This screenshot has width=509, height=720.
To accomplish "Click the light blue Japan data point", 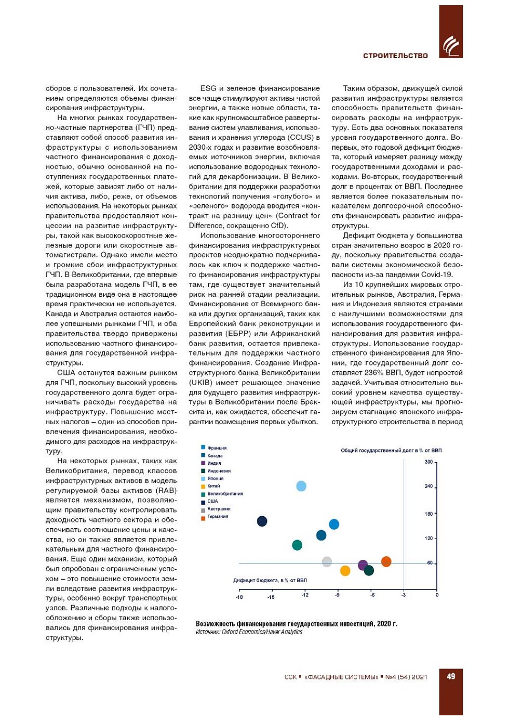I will point(301,486).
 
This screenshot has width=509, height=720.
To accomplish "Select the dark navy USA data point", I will point(262,521).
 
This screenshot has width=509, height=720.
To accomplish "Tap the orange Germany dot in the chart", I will point(386,561).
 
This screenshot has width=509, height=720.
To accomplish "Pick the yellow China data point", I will point(345,571).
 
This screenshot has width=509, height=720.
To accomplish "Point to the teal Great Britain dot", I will point(297,545).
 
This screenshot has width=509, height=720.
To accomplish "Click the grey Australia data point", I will point(327,561).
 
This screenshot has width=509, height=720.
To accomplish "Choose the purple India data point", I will point(363,565).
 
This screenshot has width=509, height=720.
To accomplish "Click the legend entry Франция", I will point(217,448).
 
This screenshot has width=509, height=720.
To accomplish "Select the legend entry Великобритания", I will point(225,493).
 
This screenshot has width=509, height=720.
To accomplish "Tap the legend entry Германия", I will point(218,516).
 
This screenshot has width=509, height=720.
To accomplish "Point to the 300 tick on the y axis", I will point(428,462).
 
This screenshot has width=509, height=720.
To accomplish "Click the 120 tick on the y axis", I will point(428,538).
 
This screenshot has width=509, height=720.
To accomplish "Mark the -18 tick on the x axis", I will point(239,597).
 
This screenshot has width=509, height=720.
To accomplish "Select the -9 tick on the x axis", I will point(337,595).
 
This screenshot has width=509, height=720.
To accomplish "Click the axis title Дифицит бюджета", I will point(270,580).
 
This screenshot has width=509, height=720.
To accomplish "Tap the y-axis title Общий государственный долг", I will point(391,450).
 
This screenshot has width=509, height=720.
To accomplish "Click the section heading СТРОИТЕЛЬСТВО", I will point(395,56).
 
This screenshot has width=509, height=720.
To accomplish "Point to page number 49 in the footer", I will point(451,676).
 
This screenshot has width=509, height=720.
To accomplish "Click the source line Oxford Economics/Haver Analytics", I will point(249,632).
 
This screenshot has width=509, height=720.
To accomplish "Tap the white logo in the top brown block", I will point(451,46).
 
